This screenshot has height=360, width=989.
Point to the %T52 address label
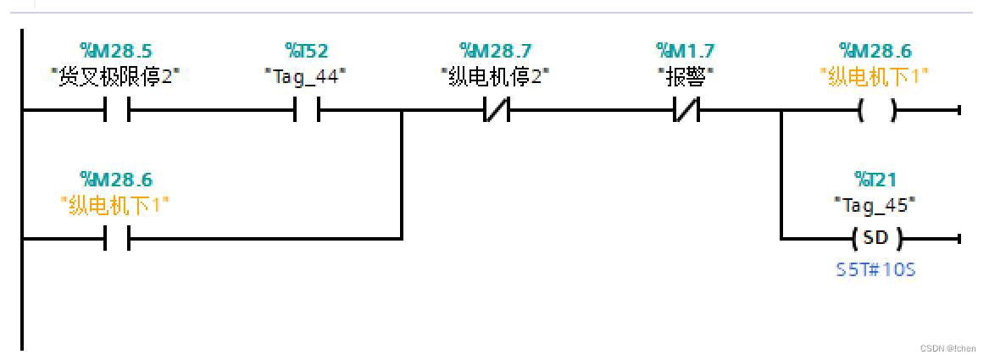[305, 51]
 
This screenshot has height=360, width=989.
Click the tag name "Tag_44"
[305, 76]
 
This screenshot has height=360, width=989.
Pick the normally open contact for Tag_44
[305, 110]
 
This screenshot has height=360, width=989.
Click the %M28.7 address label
[495, 51]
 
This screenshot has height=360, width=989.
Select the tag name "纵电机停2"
[495, 76]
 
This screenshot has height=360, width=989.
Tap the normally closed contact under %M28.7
[495, 110]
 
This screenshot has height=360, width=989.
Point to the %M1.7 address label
[686, 51]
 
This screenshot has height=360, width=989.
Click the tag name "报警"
[686, 76]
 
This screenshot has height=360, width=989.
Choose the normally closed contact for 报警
[686, 110]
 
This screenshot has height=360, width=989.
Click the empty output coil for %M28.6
[876, 110]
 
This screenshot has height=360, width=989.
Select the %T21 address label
[875, 180]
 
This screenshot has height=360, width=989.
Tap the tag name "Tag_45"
[875, 204]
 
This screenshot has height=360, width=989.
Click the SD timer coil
[876, 238]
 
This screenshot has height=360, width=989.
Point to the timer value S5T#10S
[875, 271]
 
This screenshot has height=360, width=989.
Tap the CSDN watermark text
[947, 348]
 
